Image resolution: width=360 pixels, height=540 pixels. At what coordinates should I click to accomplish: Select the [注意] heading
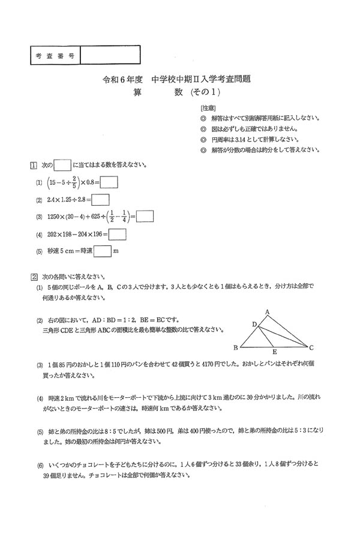tap(209, 108)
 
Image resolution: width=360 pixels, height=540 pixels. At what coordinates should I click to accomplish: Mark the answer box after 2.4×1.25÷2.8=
tap(101, 200)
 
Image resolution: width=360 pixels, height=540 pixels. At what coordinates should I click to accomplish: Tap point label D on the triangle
tap(254, 324)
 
